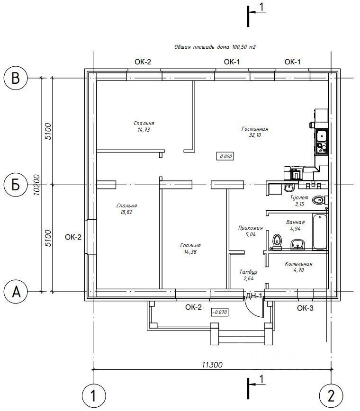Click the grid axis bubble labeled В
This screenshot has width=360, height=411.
point(16,78)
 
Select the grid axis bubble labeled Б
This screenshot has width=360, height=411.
point(16,185)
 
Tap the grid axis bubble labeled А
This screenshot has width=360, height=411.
point(16,292)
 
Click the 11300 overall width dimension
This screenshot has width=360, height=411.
point(212,365)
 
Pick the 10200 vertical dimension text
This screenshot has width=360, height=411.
point(37,185)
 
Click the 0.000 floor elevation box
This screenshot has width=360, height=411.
point(225,156)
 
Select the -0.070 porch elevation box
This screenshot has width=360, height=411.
point(219,312)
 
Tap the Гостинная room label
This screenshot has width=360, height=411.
point(255,129)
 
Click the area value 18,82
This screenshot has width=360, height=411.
point(126,212)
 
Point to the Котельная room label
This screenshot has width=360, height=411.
point(298,264)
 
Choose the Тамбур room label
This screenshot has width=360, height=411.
point(248,272)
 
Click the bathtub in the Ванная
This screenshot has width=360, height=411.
point(320,232)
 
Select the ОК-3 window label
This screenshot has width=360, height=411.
point(305,308)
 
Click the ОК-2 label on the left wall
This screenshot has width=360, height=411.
point(73,237)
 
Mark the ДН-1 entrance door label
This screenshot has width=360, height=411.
point(254,296)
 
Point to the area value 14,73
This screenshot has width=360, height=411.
point(144,130)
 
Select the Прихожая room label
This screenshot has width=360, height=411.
point(251,228)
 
